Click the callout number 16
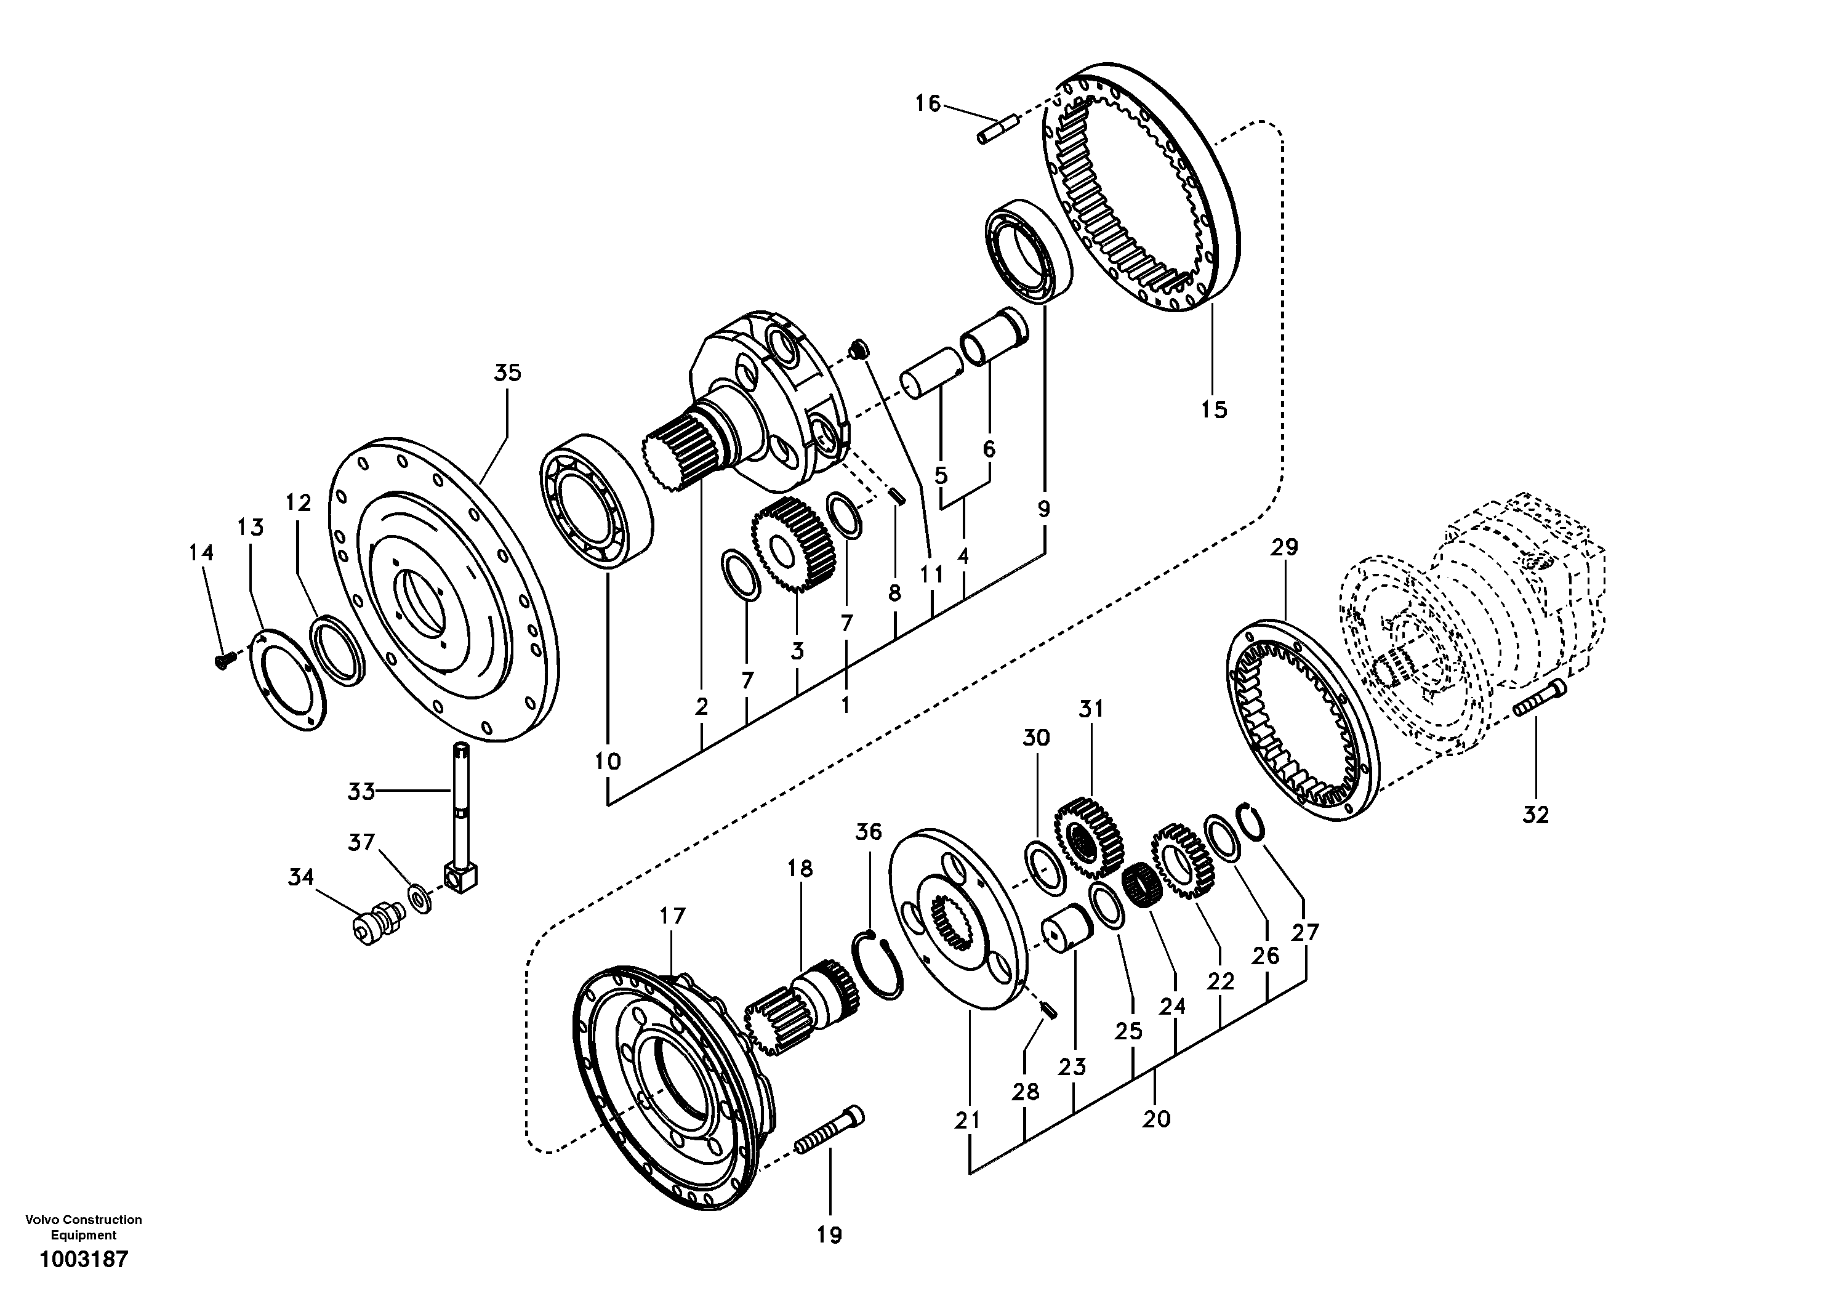coord(927,104)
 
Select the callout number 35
coord(507,373)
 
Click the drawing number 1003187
coord(84,1260)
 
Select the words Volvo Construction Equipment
coord(84,1227)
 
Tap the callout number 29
coord(1285,547)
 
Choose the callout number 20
coord(1156,1119)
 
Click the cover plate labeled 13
coord(288,679)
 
